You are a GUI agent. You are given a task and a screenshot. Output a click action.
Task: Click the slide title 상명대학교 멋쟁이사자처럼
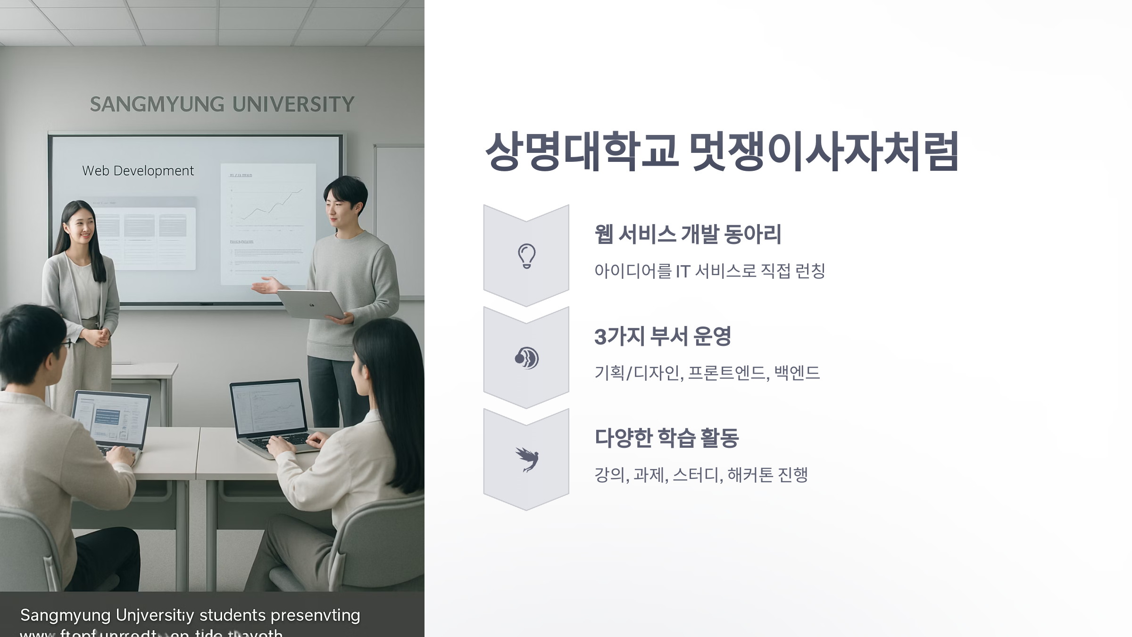coord(722,152)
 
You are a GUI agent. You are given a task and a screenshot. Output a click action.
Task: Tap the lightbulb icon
coord(526,256)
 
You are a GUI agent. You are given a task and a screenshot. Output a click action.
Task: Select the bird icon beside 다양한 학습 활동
coord(527,460)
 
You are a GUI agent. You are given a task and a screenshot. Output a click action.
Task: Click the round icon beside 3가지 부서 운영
coord(526,358)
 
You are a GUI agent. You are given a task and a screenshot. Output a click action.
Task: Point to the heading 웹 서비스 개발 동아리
coord(688,235)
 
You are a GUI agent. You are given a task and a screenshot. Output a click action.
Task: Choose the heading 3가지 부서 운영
coord(662,336)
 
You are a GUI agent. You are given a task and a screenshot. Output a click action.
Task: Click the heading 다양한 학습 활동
coord(666,438)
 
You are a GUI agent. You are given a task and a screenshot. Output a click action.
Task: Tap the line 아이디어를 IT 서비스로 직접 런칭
coord(709,271)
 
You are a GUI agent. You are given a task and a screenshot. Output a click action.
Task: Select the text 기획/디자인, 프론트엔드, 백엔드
coord(707,373)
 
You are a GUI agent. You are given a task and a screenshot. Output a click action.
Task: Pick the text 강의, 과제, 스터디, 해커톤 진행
coord(701,475)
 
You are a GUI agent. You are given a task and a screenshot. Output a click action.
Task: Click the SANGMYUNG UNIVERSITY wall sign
coord(222,104)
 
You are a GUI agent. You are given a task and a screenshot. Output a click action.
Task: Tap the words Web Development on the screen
coord(138,171)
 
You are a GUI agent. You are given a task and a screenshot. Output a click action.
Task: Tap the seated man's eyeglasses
coord(66,344)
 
